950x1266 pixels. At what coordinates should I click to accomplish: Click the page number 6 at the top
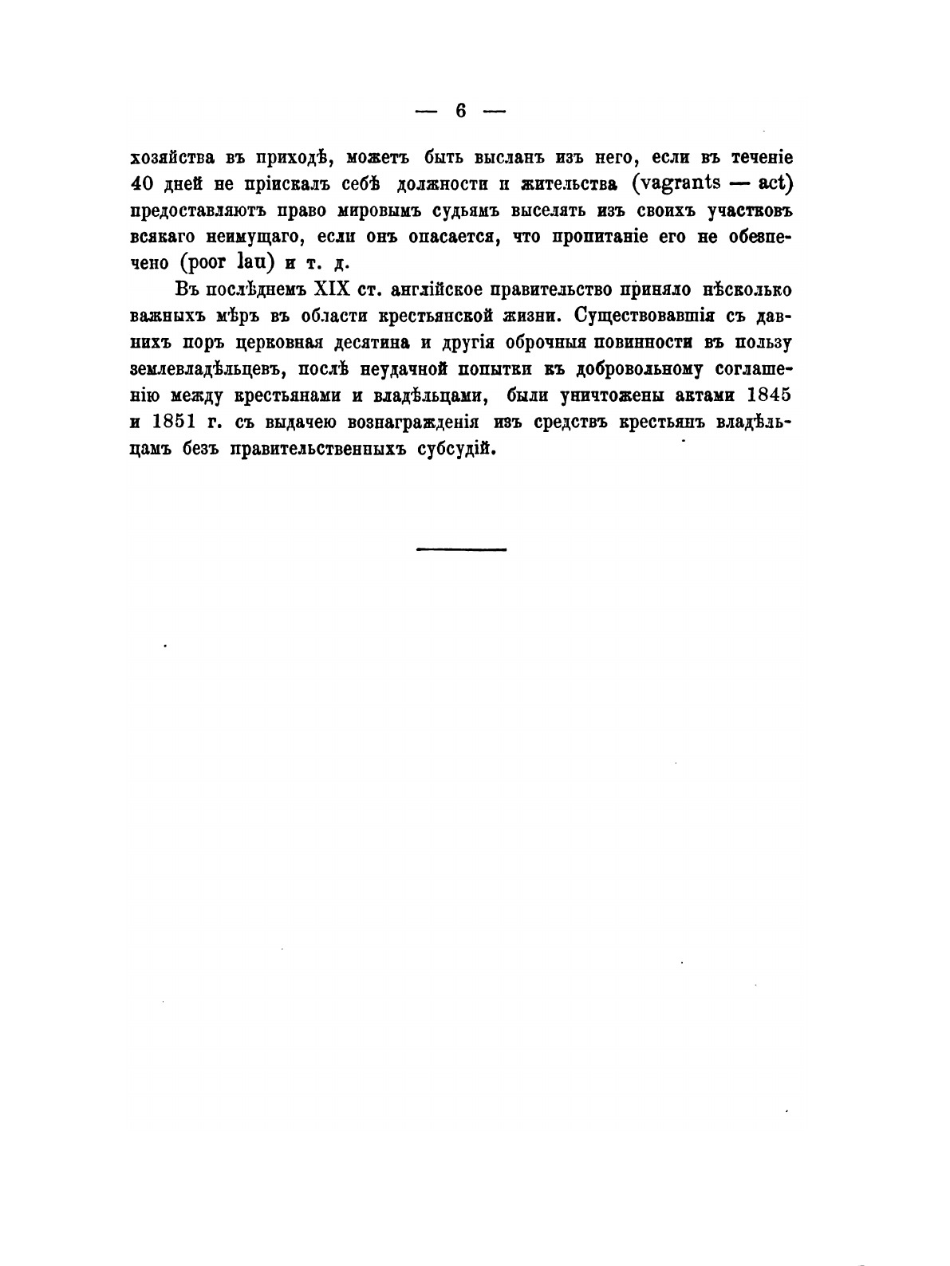coord(461,111)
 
